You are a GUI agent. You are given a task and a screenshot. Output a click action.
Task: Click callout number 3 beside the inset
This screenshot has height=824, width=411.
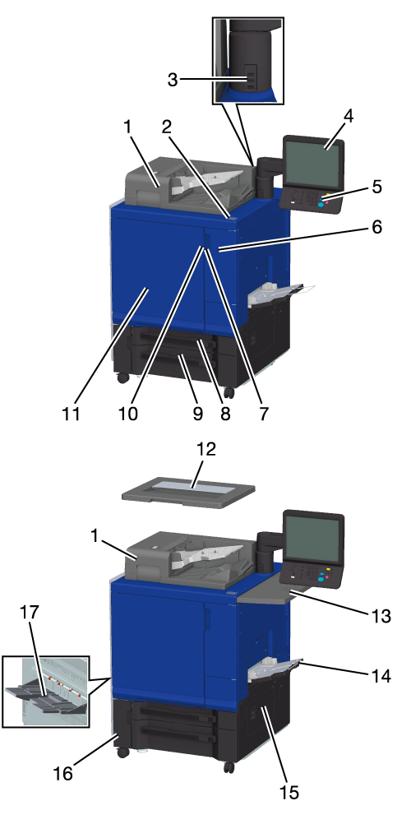[x=173, y=81]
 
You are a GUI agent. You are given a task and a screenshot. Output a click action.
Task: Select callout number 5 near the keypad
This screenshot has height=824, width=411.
[x=376, y=187]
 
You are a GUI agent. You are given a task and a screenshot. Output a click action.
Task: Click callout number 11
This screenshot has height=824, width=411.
[x=71, y=413]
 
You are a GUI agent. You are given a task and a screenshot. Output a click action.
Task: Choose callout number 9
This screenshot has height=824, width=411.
[x=197, y=413]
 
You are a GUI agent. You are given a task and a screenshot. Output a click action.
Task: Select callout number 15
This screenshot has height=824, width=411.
[x=289, y=792]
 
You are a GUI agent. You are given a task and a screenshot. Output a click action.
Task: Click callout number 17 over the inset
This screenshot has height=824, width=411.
[x=30, y=612]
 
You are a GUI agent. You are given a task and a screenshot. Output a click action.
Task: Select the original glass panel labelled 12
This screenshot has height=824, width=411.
[x=188, y=496]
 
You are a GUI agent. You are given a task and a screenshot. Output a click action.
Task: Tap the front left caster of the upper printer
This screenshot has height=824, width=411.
[x=122, y=377]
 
